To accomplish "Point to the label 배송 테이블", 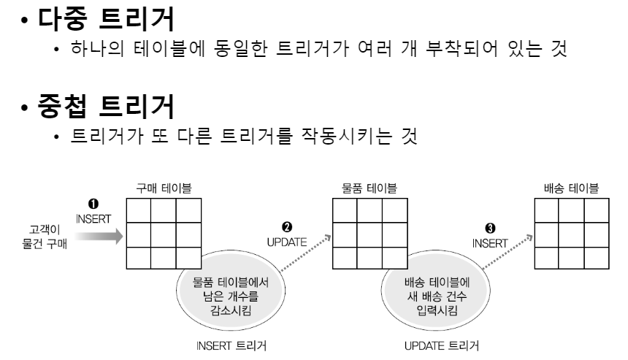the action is pyautogui.click(x=567, y=190).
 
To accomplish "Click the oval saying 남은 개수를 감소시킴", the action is pyautogui.click(x=226, y=289).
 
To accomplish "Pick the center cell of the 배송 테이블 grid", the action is pyautogui.click(x=567, y=235).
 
